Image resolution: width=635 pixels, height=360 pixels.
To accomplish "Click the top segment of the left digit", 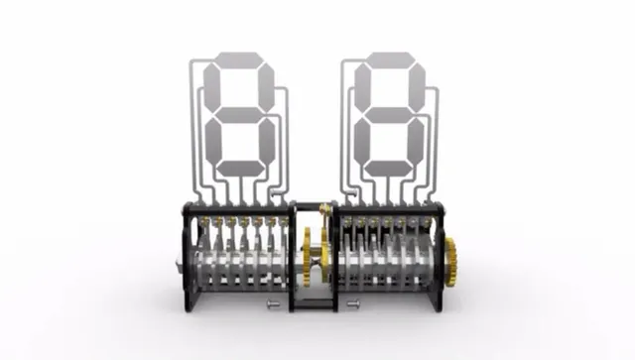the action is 238,59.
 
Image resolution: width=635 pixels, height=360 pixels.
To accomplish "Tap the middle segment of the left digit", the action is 239,114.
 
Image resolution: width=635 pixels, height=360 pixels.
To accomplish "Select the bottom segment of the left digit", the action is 241,168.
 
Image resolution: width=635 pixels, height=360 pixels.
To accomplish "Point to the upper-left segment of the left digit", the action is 212,86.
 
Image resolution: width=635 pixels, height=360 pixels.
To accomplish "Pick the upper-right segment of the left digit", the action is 266,86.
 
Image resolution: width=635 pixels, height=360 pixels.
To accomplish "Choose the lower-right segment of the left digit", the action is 267,140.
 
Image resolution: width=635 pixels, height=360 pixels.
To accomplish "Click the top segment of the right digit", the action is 389,59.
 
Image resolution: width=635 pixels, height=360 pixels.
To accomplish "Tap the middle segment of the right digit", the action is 390,114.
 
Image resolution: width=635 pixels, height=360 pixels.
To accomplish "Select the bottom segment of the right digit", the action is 391,168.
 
